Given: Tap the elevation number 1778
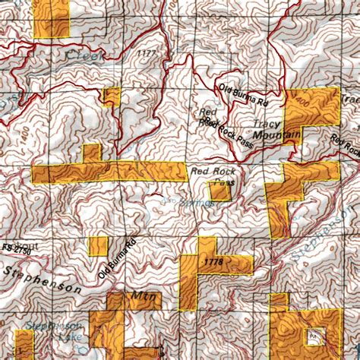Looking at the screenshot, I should point(214,262).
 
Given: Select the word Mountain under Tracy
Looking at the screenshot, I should point(276,136).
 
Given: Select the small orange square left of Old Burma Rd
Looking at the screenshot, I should point(98,246).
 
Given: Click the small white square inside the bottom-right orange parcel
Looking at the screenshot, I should point(313,335).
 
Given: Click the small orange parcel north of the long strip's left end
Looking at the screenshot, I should point(91,153).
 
